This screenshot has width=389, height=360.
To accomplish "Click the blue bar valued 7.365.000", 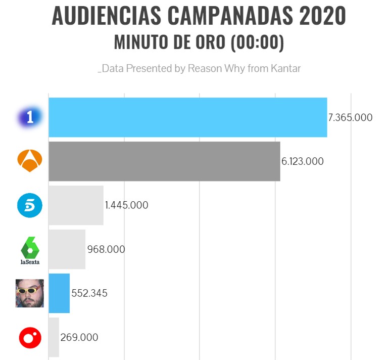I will coord(187,117).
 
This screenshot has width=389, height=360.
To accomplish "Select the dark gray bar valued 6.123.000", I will coord(164,161).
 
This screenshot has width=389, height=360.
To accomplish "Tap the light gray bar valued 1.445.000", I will coord(76,205).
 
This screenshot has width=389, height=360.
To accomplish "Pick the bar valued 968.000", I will coord(67,249).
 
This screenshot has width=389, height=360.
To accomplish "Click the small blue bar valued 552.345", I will coord(59,293).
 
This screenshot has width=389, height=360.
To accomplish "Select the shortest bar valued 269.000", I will coord(54,337).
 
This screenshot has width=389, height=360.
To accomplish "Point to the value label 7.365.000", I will coord(350,118).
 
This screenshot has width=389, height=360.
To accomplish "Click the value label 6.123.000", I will coord(303,162).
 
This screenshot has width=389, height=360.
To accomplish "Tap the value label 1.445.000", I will coord(126,206).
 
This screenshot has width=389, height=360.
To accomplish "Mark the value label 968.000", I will coord(106,249).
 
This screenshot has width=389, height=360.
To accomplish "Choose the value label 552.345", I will coord(89,293).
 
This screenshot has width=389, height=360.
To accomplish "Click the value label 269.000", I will coord(79,337).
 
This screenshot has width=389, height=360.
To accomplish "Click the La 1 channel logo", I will coord(30,117).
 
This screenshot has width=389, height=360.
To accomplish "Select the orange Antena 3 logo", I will coord(30,161).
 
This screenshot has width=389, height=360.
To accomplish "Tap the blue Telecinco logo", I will coord(30,205).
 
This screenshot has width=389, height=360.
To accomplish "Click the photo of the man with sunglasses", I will coord(30,293).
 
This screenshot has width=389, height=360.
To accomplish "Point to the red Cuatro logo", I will coord(30,337).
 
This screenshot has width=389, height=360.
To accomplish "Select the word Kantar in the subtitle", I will coord(286,68).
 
